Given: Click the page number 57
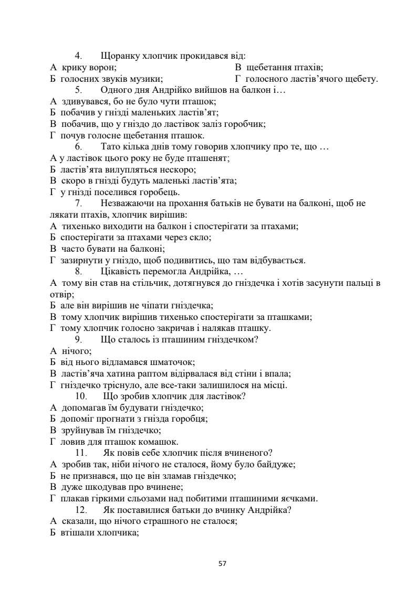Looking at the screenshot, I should click(222, 563).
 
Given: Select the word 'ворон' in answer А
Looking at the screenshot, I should click(103, 67).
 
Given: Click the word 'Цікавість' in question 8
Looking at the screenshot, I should click(120, 272).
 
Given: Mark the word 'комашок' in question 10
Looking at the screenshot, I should click(160, 442).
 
